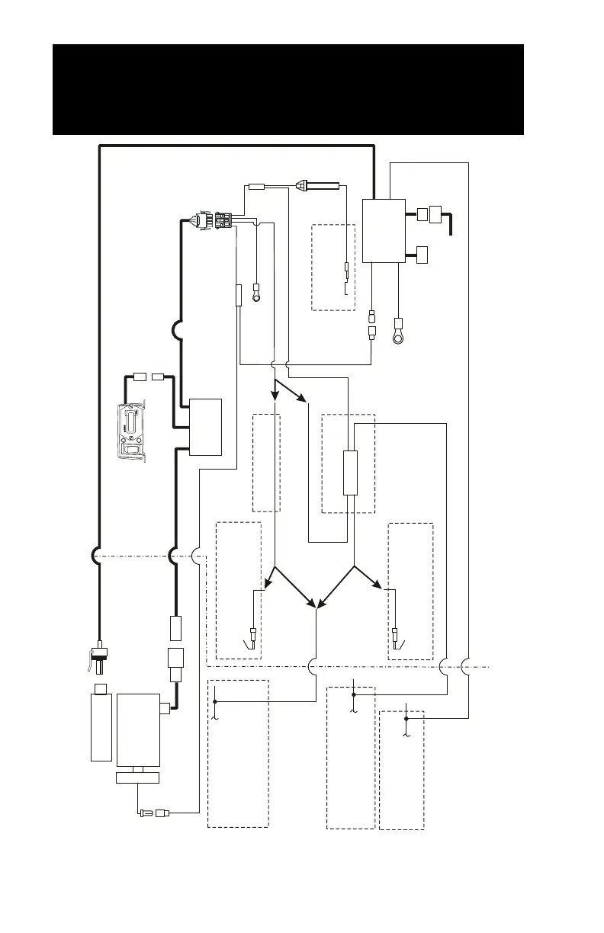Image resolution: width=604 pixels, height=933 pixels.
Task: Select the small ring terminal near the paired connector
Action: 257,294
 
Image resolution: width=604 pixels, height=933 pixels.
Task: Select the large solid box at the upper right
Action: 383,231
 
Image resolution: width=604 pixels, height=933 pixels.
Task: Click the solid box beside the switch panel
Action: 206,427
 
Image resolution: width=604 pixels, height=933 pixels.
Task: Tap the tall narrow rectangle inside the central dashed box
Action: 350,473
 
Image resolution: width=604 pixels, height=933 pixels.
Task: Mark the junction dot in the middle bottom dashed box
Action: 353,695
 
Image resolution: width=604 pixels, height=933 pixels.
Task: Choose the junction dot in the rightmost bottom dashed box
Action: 406,718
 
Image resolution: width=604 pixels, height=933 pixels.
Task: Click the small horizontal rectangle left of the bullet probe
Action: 257,184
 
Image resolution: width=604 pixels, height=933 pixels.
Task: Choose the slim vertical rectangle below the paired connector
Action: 239,296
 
